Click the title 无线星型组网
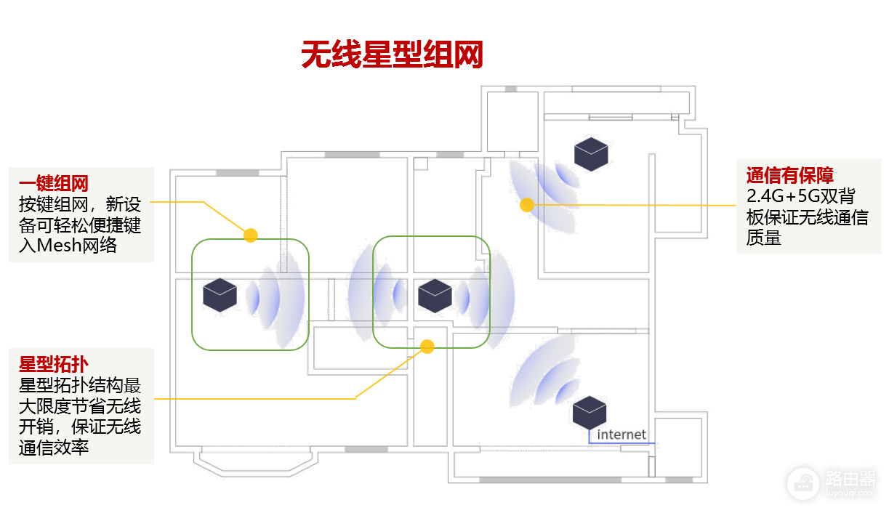pos(393,55)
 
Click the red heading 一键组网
pos(54,182)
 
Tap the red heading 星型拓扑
pos(54,363)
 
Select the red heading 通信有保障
pos(789,175)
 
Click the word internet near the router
pos(622,435)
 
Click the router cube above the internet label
pos(590,412)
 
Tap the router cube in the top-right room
pos(591,154)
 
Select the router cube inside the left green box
pos(220,295)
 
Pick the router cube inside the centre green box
pos(435,296)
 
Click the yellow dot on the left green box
pos(251,235)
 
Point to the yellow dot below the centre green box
pos(427,347)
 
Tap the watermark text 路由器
pos(850,477)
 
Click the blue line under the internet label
pos(622,443)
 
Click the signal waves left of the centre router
pos(378,294)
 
